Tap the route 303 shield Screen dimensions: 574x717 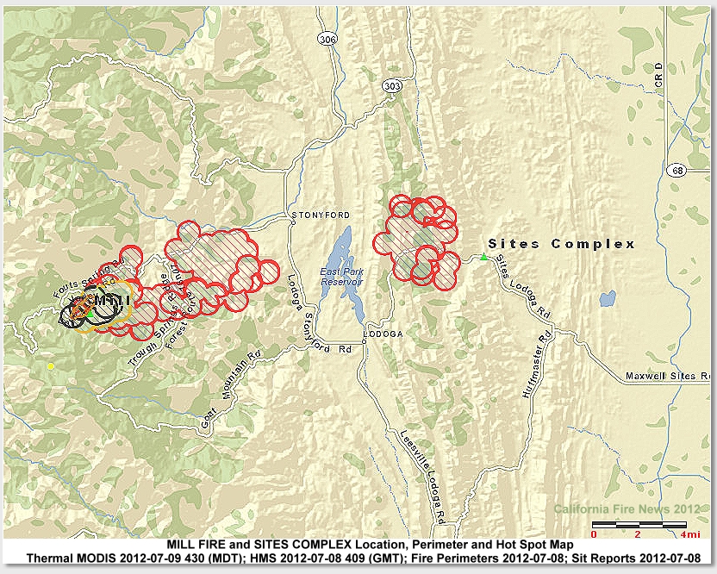(391, 86)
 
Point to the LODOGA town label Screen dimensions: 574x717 (383, 333)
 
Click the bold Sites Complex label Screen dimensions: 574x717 (561, 244)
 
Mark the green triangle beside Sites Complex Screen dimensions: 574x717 (484, 256)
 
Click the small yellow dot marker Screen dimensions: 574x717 (51, 366)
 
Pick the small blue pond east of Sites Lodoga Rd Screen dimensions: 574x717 (607, 299)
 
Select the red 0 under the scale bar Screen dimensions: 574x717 (594, 535)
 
